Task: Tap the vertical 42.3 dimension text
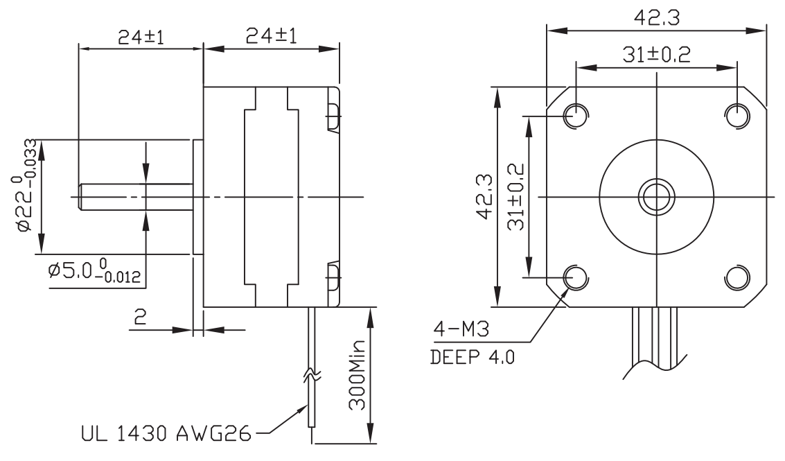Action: [x=484, y=197]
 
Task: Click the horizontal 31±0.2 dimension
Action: [x=655, y=56]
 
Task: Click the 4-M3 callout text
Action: [x=460, y=331]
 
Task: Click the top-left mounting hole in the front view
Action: [x=575, y=115]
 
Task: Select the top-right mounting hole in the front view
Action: [x=737, y=115]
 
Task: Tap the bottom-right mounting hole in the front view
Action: [x=737, y=277]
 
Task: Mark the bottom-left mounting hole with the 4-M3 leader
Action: [x=575, y=277]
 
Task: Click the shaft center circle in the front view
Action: [x=656, y=197]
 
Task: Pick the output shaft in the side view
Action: [x=136, y=197]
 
